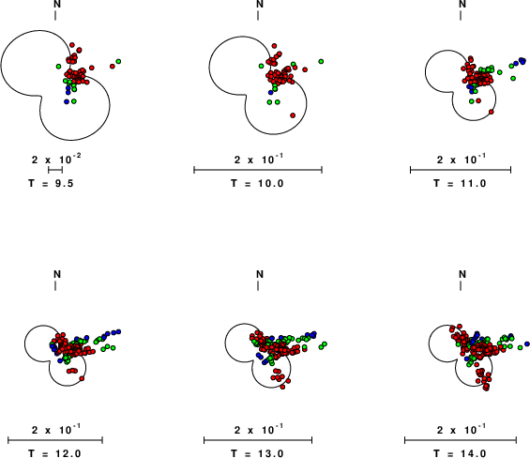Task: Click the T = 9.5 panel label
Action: tap(51, 183)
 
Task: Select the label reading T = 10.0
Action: tap(257, 183)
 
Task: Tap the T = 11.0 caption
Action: tap(460, 183)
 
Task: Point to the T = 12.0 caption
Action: tap(54, 453)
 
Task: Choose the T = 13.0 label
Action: tap(257, 453)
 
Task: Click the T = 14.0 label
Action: tap(460, 453)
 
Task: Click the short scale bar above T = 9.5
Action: tap(55, 170)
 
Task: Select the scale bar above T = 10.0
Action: tap(258, 170)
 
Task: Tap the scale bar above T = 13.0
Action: tap(258, 440)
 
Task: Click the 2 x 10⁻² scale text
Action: tap(56, 159)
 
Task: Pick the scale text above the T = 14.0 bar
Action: tap(462, 429)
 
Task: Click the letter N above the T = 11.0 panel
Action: tap(462, 4)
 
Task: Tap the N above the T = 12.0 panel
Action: tap(57, 274)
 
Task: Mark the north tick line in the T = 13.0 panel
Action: tap(258, 286)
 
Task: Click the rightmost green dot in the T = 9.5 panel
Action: tap(118, 61)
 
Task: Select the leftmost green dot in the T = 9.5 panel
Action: tap(58, 67)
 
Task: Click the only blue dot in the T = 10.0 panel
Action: tap(270, 92)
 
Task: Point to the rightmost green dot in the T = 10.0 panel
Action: tap(321, 61)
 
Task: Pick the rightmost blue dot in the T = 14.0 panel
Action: tap(527, 344)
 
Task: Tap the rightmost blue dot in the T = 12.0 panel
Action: tap(118, 331)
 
